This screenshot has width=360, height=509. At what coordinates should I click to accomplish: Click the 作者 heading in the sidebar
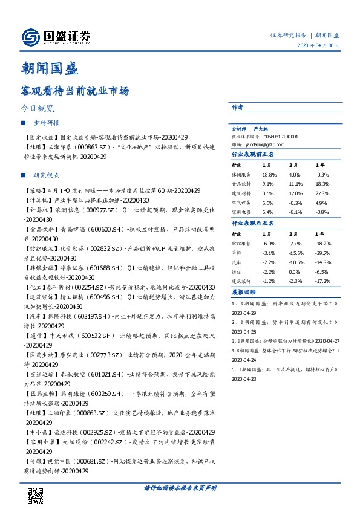coord(238,107)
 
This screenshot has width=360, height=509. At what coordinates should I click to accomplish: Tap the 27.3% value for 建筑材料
coord(322,193)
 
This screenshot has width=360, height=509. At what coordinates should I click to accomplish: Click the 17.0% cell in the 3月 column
coord(295,193)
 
